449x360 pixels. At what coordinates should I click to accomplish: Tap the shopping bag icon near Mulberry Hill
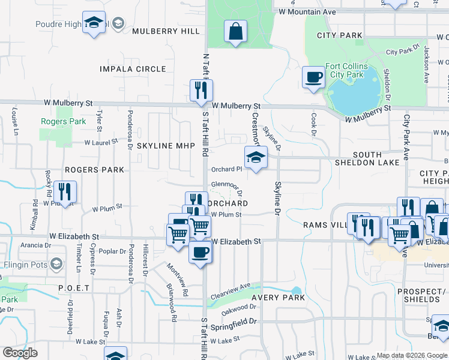tap(235, 31)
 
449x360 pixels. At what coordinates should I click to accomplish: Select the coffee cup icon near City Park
tap(313, 77)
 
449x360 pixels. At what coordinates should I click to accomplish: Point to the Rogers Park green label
tap(55, 121)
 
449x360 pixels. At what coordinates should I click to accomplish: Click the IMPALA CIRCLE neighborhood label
tap(133, 69)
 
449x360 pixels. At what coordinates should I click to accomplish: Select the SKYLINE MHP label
tap(163, 146)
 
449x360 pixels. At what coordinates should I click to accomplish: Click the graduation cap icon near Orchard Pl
tap(256, 157)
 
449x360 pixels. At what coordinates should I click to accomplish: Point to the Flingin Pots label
tap(25, 264)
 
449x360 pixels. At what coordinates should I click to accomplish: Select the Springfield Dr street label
tap(234, 328)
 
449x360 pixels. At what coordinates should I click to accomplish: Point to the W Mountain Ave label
tap(307, 11)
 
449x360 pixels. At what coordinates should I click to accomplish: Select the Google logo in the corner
tap(20, 353)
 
